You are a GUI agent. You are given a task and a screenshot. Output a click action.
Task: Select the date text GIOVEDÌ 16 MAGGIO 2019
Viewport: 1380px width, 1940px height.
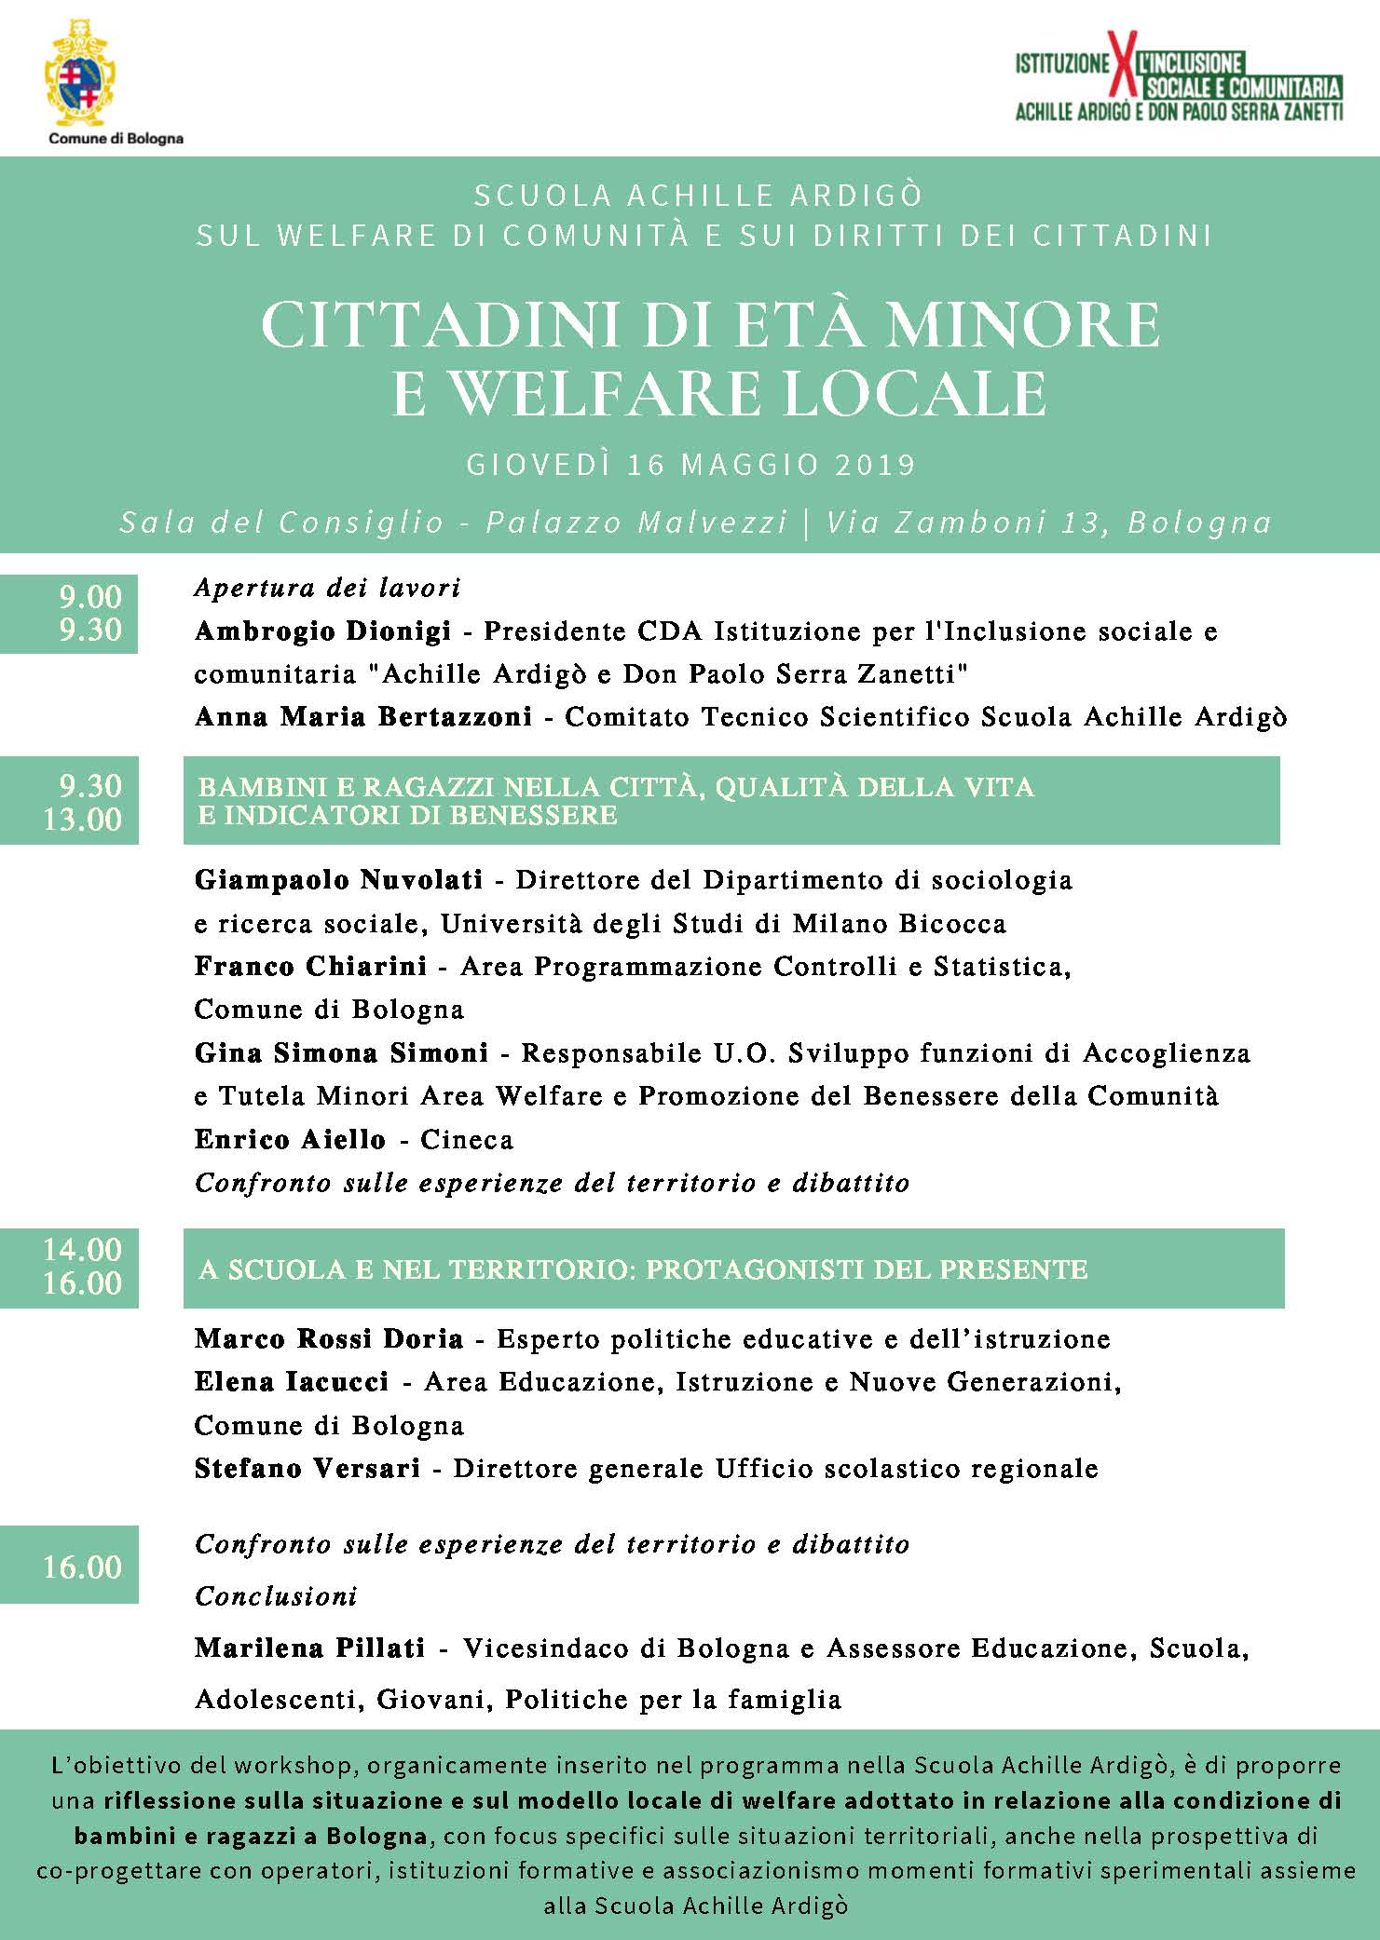(x=691, y=464)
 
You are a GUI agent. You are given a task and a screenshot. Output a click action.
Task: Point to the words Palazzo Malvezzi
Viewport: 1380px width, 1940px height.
(x=636, y=522)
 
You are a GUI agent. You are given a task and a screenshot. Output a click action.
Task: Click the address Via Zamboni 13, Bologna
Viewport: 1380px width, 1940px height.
(x=1048, y=522)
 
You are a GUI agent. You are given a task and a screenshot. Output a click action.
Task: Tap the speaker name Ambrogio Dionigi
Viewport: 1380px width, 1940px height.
(x=322, y=631)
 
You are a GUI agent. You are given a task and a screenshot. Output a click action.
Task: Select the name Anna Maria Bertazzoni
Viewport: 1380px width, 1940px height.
(x=363, y=717)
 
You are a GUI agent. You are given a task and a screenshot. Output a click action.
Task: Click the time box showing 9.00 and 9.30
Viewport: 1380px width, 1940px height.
(x=69, y=613)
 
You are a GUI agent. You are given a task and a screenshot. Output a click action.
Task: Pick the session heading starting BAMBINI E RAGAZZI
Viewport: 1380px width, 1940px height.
(x=616, y=800)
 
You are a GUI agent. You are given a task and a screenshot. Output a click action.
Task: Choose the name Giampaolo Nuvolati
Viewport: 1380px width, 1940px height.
(x=338, y=880)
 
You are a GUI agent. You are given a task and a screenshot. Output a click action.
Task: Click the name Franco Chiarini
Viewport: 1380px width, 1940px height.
(x=310, y=967)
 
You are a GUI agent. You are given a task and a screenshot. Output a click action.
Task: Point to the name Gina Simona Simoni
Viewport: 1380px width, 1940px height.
(x=341, y=1053)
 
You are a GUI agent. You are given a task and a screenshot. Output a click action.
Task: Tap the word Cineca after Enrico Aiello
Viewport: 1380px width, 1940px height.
(x=467, y=1140)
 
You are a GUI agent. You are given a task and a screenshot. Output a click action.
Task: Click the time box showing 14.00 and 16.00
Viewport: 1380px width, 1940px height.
(x=69, y=1267)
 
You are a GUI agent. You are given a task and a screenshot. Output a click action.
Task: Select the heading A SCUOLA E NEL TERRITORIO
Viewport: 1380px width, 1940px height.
(x=643, y=1269)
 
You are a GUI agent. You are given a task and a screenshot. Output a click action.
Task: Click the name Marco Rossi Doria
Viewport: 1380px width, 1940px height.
(x=328, y=1339)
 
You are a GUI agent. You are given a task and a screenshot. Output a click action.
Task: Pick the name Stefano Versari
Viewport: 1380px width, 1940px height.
(x=307, y=1469)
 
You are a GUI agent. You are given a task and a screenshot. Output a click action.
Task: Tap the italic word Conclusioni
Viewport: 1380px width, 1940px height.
(x=276, y=1596)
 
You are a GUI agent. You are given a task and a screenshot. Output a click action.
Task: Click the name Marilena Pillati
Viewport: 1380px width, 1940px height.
(x=309, y=1648)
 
